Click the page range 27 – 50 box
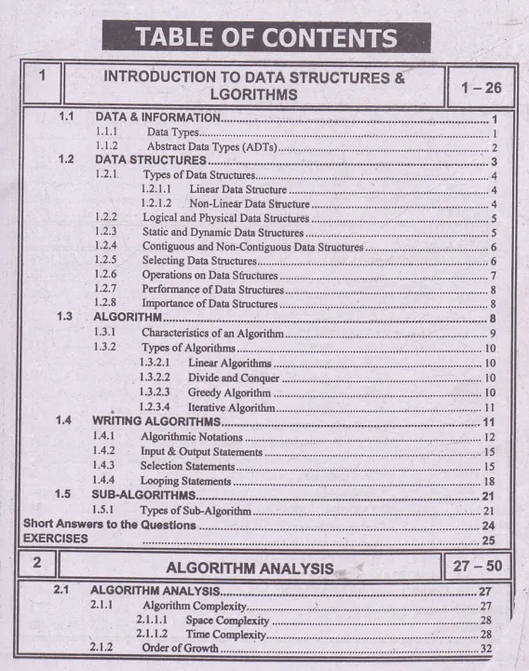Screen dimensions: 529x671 (x=479, y=565)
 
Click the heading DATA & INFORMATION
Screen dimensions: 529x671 (x=156, y=118)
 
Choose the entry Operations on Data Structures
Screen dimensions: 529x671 (x=210, y=275)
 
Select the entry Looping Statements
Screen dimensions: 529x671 (x=185, y=480)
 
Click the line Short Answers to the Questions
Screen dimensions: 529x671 (x=110, y=525)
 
